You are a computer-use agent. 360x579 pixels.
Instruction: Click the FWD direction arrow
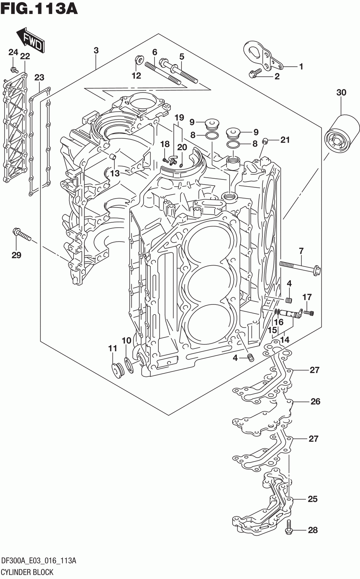[31, 39]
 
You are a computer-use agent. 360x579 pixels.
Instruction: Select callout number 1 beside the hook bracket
[301, 67]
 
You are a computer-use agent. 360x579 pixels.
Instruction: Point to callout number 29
[16, 255]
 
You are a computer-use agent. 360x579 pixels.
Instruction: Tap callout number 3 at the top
[96, 50]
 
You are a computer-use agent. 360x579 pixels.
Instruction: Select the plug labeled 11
[118, 371]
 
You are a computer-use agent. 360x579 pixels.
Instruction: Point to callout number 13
[115, 173]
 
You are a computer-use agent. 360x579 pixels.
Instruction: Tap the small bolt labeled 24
[14, 70]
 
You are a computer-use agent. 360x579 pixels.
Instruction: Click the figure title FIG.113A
[39, 9]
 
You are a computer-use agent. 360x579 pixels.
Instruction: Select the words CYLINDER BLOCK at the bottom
[27, 572]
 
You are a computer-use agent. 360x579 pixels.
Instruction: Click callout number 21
[285, 140]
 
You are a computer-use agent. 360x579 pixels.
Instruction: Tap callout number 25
[312, 499]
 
